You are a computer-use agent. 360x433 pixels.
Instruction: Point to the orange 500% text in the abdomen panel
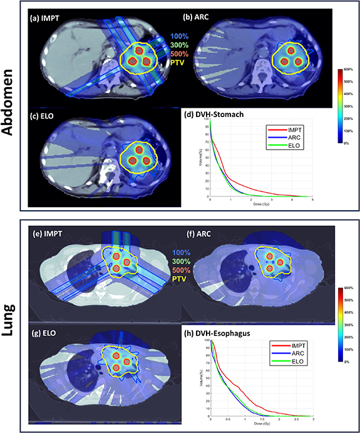(x=179, y=54)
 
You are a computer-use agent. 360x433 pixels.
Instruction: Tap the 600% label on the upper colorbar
(x=349, y=69)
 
